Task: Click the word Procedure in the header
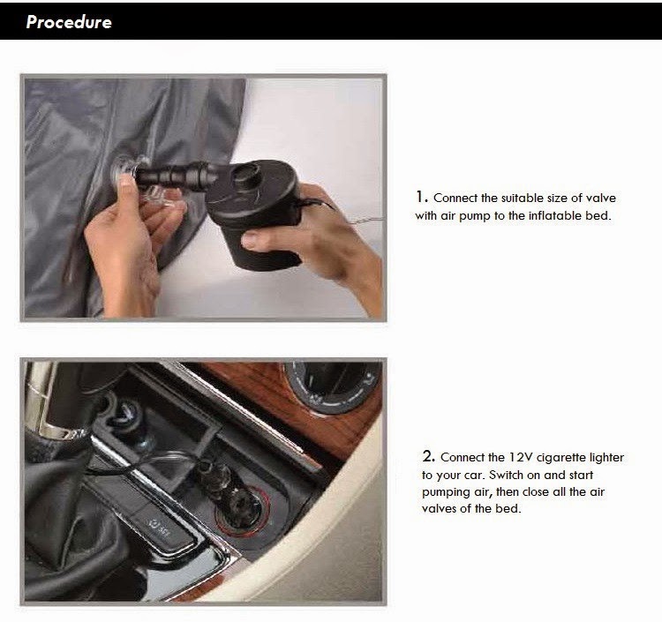click(69, 22)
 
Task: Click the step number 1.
click(421, 197)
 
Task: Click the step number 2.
click(428, 456)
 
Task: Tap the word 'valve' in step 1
click(601, 198)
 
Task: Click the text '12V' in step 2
click(520, 457)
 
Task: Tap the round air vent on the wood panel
click(331, 386)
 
